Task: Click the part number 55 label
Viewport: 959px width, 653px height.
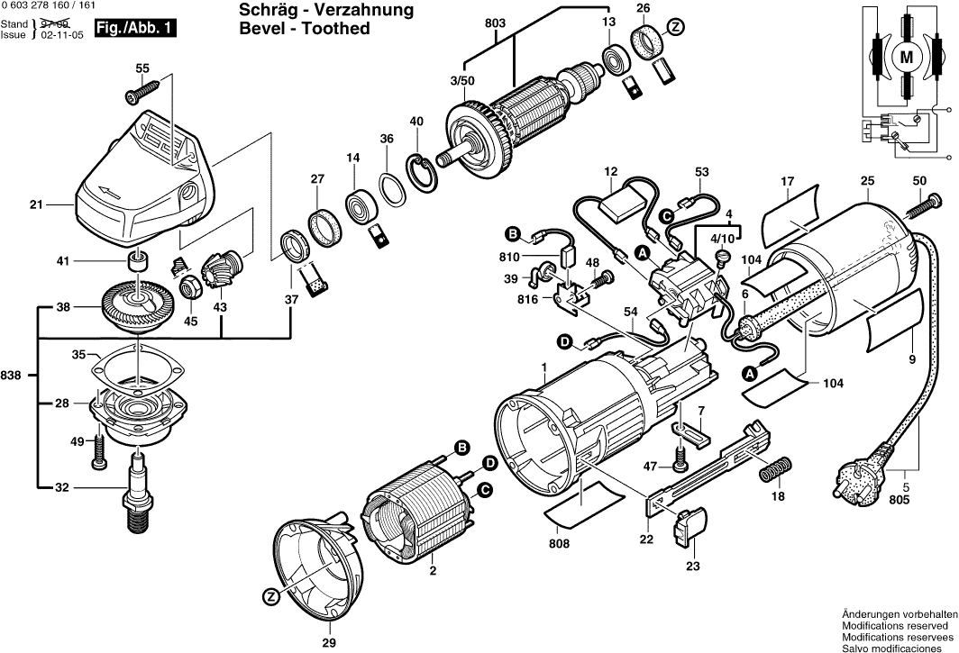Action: click(142, 68)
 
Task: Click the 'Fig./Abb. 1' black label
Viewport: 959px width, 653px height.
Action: click(135, 30)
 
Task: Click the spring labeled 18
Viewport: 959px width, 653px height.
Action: click(777, 469)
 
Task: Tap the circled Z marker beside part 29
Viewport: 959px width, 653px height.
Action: click(270, 597)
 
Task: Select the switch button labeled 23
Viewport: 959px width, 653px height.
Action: click(691, 528)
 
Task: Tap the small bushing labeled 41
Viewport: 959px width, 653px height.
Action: click(136, 262)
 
